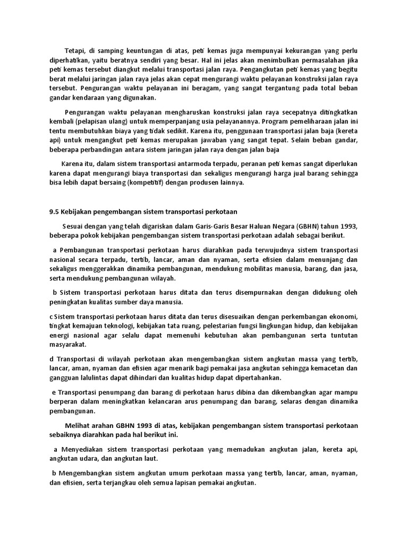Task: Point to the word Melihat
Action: tap(78, 425)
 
